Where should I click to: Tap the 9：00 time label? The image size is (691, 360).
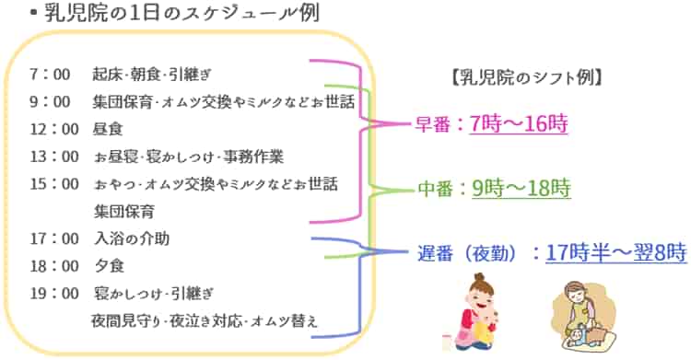[x=50, y=101]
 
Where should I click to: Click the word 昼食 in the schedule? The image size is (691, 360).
[x=108, y=129]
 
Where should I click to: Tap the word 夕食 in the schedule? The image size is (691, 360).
[x=108, y=267]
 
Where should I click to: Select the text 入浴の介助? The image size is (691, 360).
[x=131, y=239]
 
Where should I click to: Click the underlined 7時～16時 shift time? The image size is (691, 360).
[x=517, y=124]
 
